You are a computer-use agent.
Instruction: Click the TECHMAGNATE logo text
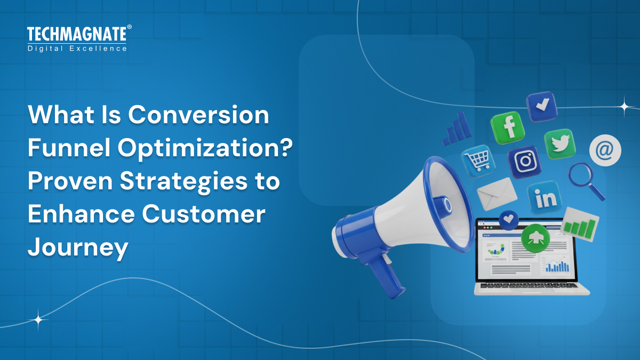[77, 35]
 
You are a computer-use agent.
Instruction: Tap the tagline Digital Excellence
[77, 49]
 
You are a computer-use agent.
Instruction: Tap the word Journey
[78, 247]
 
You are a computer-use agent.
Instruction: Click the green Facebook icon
[508, 127]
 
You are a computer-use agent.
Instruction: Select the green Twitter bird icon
[559, 144]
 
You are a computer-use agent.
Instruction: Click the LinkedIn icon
[545, 198]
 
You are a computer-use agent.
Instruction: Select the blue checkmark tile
[542, 106]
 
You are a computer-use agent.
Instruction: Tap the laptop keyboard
[531, 286]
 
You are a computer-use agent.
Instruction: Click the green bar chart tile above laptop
[580, 224]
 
